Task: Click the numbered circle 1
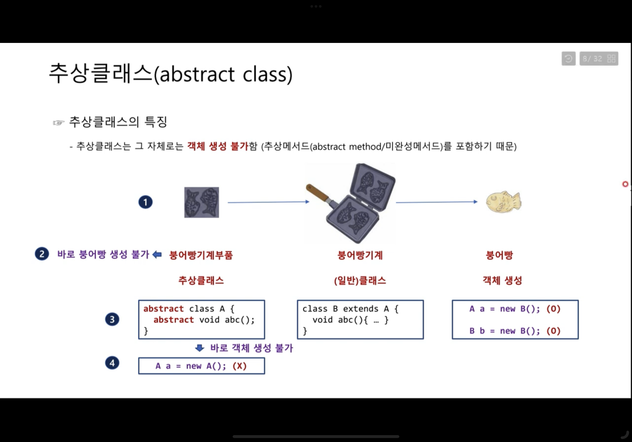(x=145, y=202)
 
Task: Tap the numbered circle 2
(x=42, y=254)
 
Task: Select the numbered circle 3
(x=112, y=319)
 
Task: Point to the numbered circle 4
(x=112, y=363)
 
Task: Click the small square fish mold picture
(x=201, y=202)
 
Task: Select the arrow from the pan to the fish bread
(x=437, y=202)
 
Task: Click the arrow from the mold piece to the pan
(x=268, y=202)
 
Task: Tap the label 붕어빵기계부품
(x=201, y=255)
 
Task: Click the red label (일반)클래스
(x=360, y=281)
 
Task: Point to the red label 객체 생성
(x=502, y=281)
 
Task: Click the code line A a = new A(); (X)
(x=201, y=366)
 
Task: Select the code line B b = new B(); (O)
(x=515, y=331)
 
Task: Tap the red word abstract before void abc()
(x=173, y=320)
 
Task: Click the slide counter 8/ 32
(x=592, y=59)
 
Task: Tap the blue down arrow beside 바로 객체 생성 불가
(x=200, y=348)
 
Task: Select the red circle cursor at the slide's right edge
(x=625, y=184)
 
